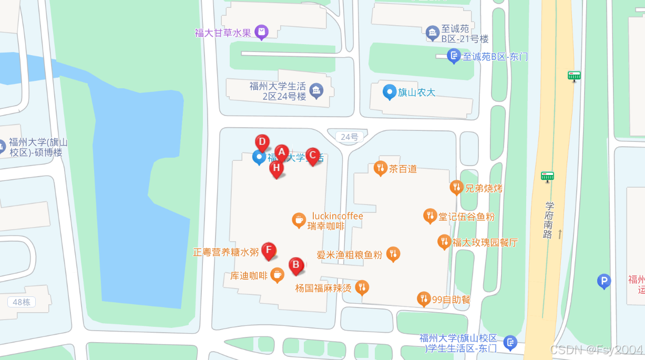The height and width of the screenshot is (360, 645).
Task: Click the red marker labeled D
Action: click(262, 142)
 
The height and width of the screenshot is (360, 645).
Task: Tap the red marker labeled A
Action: click(282, 152)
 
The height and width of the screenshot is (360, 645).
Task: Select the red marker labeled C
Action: click(313, 155)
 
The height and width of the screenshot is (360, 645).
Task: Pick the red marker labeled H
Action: click(277, 168)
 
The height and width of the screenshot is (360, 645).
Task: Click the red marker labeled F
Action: click(269, 250)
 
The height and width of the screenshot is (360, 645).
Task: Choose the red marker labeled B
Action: click(296, 265)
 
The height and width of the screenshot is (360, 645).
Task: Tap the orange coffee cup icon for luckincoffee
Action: click(299, 220)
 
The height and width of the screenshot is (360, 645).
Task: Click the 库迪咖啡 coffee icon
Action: click(278, 274)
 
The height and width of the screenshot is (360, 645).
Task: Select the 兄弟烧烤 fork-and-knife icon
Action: click(456, 187)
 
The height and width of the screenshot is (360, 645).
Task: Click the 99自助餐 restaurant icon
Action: click(424, 299)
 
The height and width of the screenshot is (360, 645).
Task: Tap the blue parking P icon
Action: click(604, 281)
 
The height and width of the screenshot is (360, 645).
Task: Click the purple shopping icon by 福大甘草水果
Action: click(261, 32)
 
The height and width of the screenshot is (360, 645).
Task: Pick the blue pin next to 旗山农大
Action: click(389, 92)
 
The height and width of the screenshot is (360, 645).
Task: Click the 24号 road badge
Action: click(349, 137)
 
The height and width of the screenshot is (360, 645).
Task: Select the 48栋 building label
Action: click(22, 302)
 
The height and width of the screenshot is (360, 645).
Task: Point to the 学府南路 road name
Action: click(548, 220)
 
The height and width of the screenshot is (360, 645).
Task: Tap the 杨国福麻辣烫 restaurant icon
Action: click(362, 287)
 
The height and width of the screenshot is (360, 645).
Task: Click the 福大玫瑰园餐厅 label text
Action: click(485, 242)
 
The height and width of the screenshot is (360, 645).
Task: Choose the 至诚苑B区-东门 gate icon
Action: click(454, 56)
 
